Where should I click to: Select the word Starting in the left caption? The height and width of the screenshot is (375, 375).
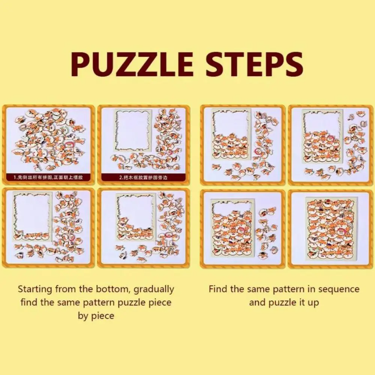[36, 289]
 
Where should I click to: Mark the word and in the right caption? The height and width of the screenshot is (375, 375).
[257, 302]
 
